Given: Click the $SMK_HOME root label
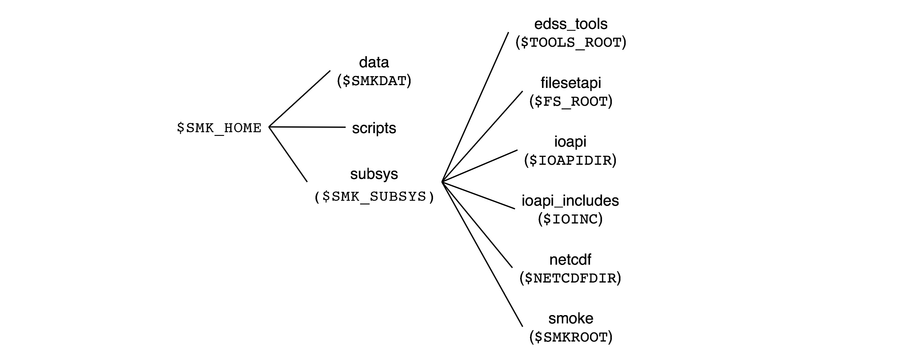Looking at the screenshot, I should pos(219,128).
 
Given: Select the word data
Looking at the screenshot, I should pos(374,62).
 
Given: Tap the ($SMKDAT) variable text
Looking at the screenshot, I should pos(374,81).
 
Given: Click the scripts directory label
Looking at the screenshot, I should pos(374,128).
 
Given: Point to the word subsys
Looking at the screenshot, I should pos(374,174).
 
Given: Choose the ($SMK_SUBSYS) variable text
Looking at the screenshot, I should pos(374,196).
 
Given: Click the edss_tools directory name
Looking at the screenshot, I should pos(571,24).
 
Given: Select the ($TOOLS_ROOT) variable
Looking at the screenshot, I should pos(571,43).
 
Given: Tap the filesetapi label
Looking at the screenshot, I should pos(571,83).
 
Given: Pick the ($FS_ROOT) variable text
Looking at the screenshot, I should pos(571,102).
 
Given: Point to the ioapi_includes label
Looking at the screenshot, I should pos(570,201).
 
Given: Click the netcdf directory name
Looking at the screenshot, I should pos(570,260).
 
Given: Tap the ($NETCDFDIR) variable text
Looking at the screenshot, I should pos(570,278).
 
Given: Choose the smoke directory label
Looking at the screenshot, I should pos(571,318).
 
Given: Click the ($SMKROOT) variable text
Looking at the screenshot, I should pos(571,337).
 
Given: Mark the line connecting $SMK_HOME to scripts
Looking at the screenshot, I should pos(307,127).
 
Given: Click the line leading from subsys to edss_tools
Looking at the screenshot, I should pos(475,107).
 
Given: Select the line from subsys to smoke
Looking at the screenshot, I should pos(482,254).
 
